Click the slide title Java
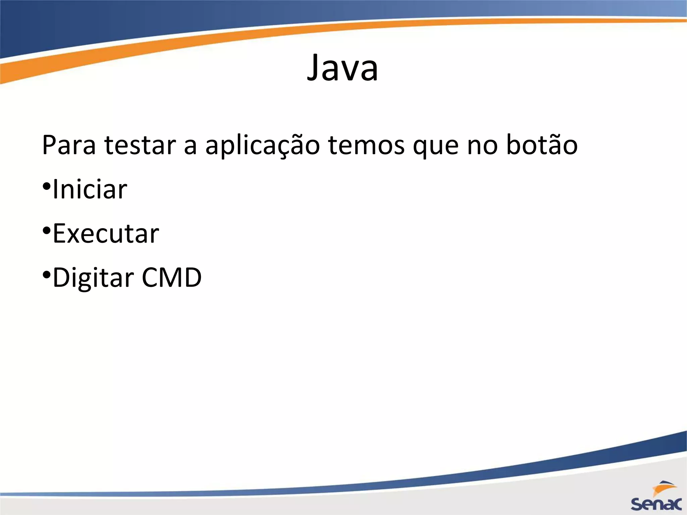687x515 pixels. click(342, 68)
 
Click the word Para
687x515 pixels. click(69, 145)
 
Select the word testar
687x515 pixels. click(140, 145)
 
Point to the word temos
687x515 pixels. click(366, 145)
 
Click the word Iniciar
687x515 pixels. click(90, 189)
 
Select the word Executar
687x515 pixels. click(106, 234)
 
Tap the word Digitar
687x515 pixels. click(94, 278)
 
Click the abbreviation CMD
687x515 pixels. click(171, 278)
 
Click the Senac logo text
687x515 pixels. click(656, 504)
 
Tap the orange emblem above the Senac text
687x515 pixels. click(663, 488)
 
